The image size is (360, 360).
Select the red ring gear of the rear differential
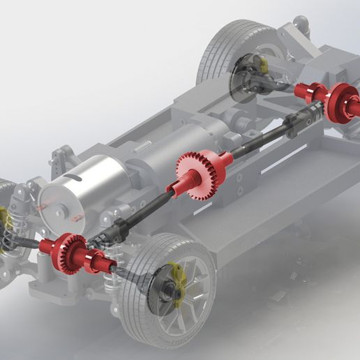[x=343, y=103]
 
